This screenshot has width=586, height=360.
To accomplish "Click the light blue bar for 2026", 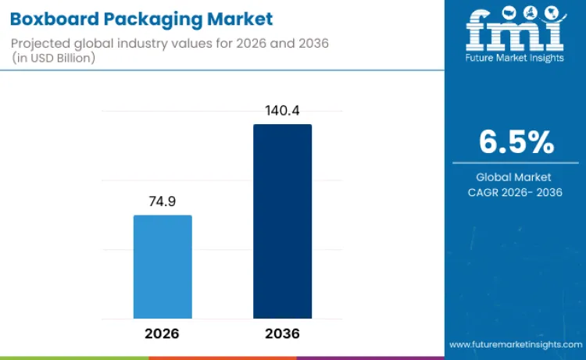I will tap(163, 266).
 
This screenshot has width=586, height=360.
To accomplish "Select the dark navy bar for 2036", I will tap(282, 221).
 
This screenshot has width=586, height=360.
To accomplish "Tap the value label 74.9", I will tap(163, 201).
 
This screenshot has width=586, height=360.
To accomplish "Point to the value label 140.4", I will tap(282, 111).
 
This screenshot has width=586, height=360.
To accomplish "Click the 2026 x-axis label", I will tap(162, 333).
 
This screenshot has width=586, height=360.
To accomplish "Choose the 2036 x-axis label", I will tap(282, 333).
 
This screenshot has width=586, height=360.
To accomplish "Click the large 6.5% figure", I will tap(516, 142).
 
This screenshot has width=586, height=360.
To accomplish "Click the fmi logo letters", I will tap(515, 30).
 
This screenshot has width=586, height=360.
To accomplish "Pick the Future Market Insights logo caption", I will tap(515, 58).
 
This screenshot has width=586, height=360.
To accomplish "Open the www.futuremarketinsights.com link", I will tap(515, 344).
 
